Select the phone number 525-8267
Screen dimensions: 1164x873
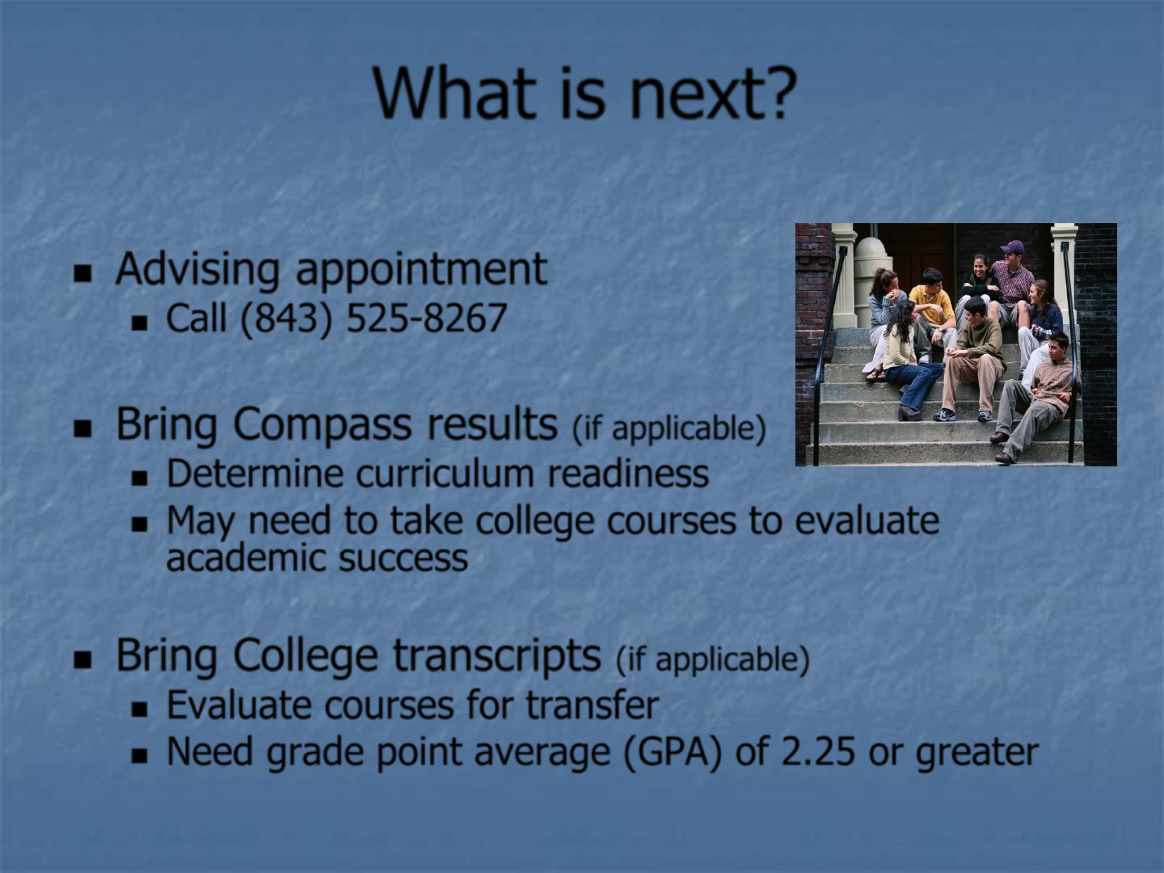coord(426,318)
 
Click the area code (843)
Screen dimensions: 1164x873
coord(286,319)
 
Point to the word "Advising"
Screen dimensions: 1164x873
coord(197,270)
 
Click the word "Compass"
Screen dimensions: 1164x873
coord(323,425)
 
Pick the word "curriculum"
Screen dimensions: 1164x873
coord(445,474)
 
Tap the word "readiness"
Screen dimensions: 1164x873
coord(628,474)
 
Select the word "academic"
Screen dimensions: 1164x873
coord(246,558)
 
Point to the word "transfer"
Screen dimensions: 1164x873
coord(593,705)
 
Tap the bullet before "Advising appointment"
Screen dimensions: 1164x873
coord(82,273)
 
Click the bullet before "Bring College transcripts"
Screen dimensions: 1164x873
coord(82,660)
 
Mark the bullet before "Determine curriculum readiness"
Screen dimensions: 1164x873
coord(139,479)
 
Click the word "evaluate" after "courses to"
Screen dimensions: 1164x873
coord(867,521)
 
